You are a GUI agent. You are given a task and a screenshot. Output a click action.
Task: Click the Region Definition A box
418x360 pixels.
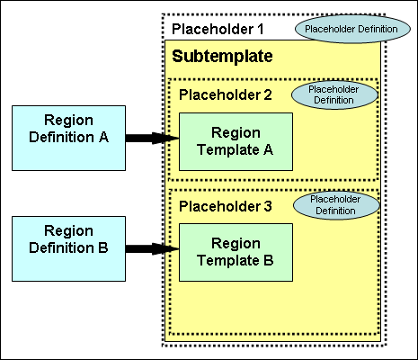point(68,138)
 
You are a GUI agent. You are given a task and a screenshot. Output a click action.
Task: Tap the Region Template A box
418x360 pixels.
point(236,142)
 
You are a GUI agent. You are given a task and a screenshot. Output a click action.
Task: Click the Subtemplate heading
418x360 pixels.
point(222,56)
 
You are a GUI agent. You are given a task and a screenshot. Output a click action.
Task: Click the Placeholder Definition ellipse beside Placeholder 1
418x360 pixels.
point(338,29)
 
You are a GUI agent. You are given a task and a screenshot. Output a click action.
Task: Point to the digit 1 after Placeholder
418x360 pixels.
point(261,29)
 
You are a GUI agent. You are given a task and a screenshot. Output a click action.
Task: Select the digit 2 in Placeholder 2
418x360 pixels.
point(269,94)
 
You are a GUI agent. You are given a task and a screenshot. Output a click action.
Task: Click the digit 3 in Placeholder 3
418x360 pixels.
point(269,208)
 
